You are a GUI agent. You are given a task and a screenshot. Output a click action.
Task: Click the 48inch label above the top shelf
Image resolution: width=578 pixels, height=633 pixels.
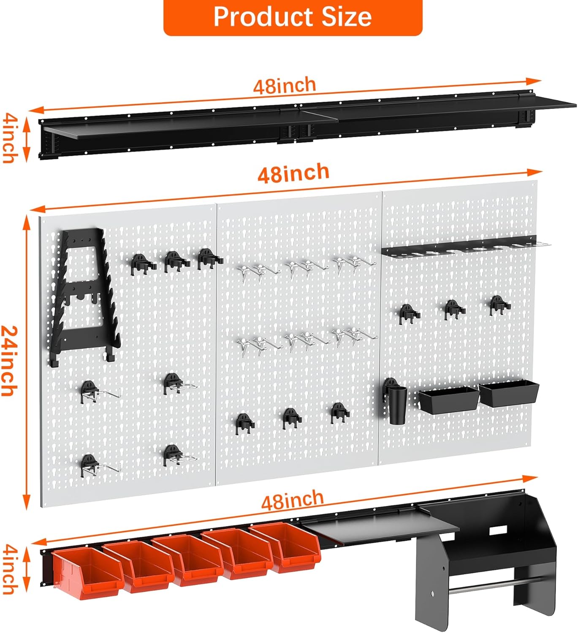pos(285,85)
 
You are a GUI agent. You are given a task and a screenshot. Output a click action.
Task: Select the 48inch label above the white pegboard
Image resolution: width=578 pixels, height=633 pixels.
pos(293,173)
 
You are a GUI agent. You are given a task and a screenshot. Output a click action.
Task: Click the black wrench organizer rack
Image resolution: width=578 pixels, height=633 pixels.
pos(84,295)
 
